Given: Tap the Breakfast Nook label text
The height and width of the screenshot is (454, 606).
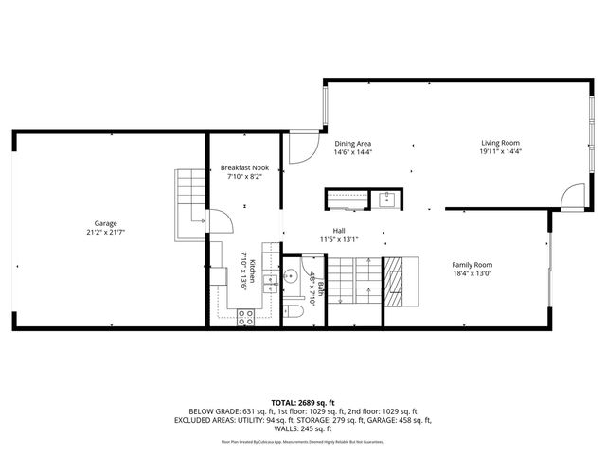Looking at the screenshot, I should coord(244,166).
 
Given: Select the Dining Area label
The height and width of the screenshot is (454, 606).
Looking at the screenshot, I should coord(352,143).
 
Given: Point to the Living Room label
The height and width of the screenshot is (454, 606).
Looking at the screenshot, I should coord(500,143).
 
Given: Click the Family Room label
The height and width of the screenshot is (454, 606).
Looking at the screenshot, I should coord(472,265).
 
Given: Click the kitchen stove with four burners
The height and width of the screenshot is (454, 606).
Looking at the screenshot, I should coord(244,319).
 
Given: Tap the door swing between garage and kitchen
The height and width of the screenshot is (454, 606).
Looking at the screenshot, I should coord(219,222).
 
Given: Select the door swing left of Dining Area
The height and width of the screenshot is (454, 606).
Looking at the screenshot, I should coord(302,148).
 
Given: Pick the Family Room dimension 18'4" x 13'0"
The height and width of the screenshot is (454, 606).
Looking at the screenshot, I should coord(472,275).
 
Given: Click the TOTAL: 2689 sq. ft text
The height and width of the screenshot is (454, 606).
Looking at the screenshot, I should coord(302,402).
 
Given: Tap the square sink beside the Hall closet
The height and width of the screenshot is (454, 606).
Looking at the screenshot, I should coord(386,199).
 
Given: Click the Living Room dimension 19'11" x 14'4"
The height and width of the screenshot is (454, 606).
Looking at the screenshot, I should coord(500,152).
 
